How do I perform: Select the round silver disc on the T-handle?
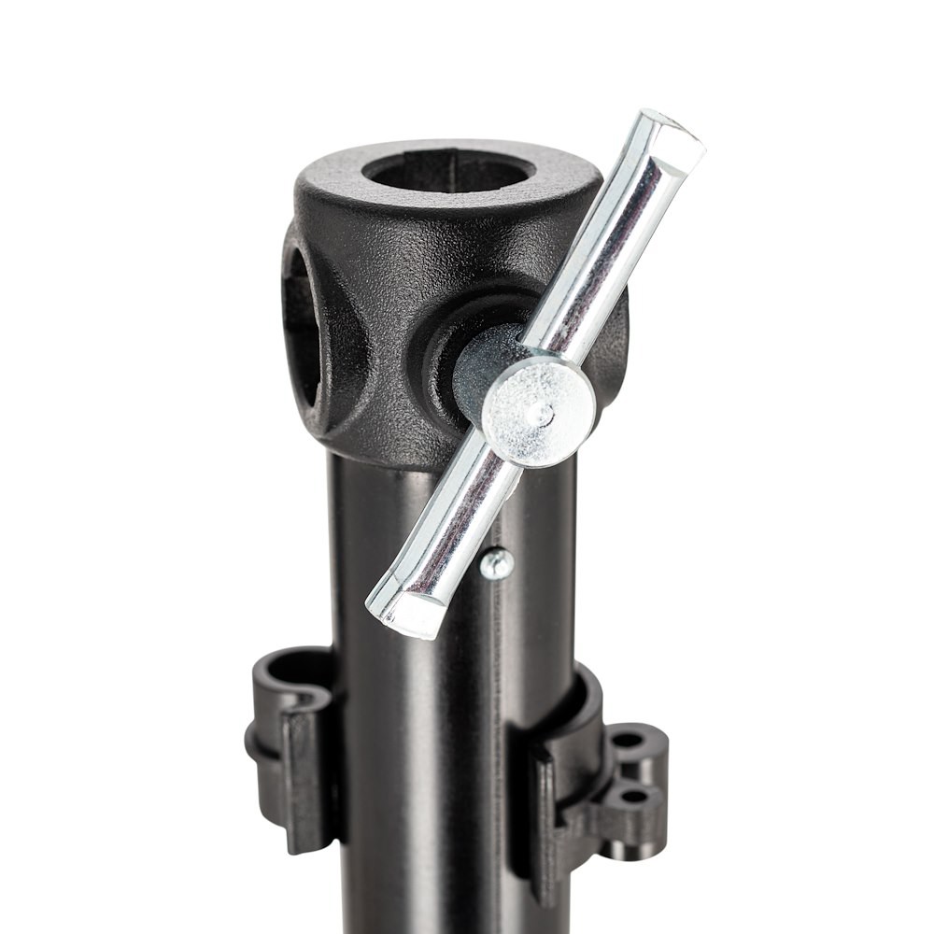click(x=539, y=411)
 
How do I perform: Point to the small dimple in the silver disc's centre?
click(x=539, y=412)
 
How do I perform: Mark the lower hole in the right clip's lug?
click(x=634, y=796)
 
